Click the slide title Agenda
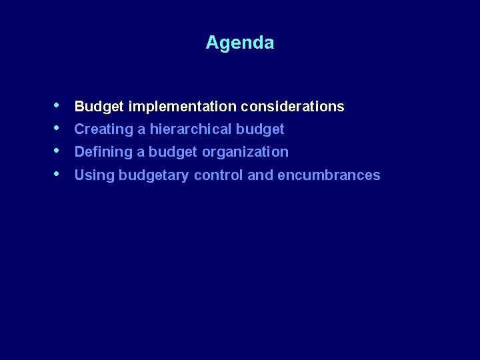[239, 43]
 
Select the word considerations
[293, 107]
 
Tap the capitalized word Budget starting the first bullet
[99, 107]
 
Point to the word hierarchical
[191, 129]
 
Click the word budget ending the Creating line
[261, 129]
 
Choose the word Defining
[103, 152]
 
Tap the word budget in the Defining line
[173, 152]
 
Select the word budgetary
[154, 175]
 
